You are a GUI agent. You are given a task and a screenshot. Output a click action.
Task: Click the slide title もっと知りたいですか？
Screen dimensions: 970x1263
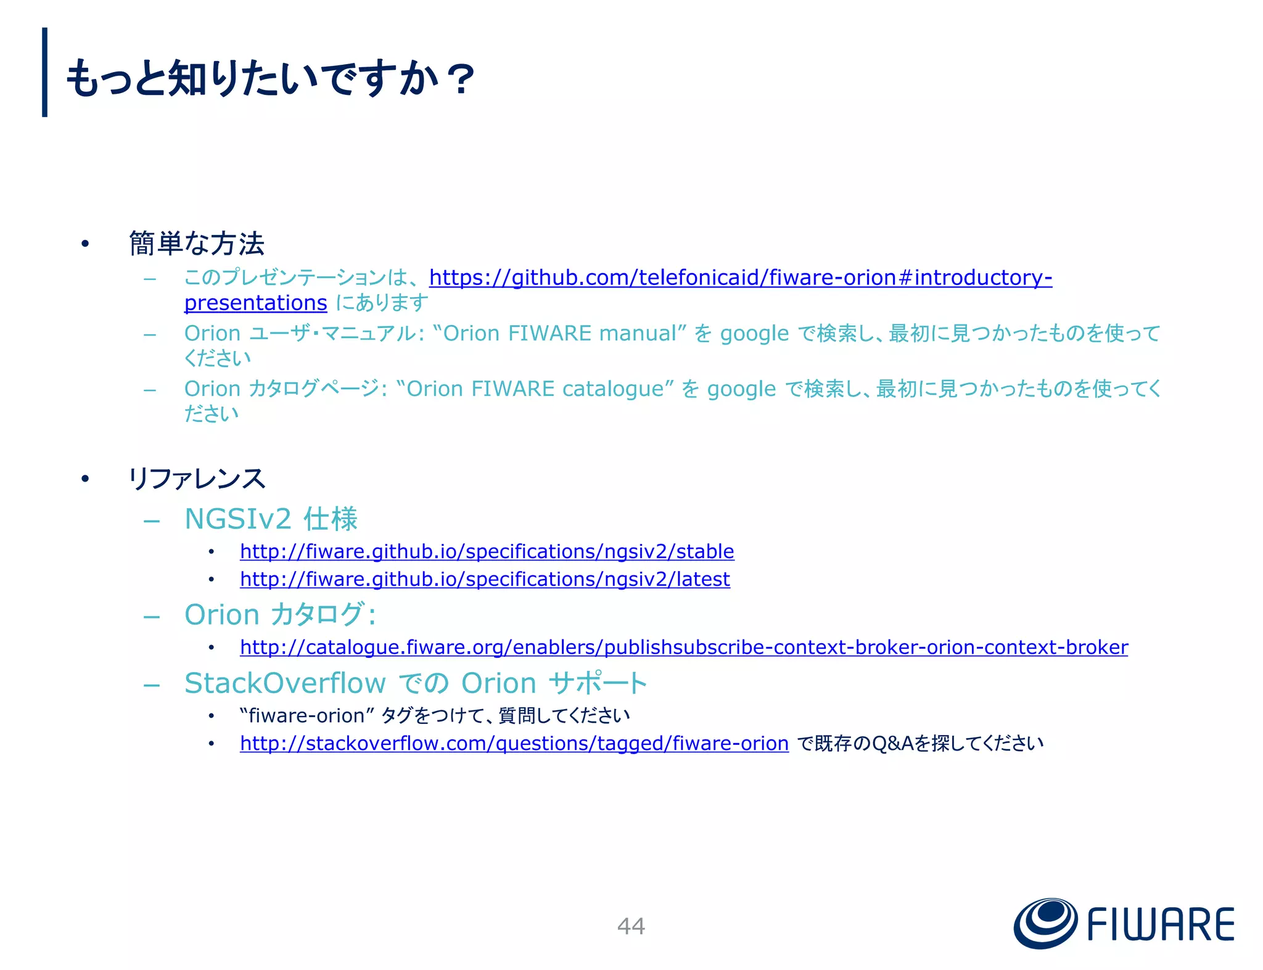pos(270,79)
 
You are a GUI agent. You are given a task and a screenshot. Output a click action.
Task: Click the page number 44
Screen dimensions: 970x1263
pos(631,926)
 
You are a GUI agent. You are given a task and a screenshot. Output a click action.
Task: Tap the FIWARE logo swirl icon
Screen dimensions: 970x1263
pos(1045,923)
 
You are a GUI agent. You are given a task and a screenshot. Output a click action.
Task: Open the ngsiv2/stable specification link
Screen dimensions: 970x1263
pos(487,551)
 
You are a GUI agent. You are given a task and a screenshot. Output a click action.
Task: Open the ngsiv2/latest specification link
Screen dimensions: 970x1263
pos(485,579)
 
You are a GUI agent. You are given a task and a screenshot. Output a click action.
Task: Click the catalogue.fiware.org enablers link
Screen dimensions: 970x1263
pos(683,647)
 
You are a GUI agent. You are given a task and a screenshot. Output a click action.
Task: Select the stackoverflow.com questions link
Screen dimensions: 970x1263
pos(514,743)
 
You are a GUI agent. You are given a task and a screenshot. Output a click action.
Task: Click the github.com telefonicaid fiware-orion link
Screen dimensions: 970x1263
pos(740,277)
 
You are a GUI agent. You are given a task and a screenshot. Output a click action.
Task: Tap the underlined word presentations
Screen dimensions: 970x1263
pos(255,303)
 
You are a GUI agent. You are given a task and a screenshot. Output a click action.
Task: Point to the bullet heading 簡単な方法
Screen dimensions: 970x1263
pos(196,244)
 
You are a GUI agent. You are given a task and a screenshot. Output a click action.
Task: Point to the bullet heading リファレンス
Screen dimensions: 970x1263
pos(196,479)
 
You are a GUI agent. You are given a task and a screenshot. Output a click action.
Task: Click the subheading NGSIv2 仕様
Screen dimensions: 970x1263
pos(271,519)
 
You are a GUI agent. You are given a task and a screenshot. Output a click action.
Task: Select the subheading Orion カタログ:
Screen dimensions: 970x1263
pos(280,615)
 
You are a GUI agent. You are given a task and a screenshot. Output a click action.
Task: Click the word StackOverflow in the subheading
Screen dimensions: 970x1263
pos(285,683)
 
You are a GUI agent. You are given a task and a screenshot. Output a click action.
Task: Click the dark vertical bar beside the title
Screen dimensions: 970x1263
pos(44,72)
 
